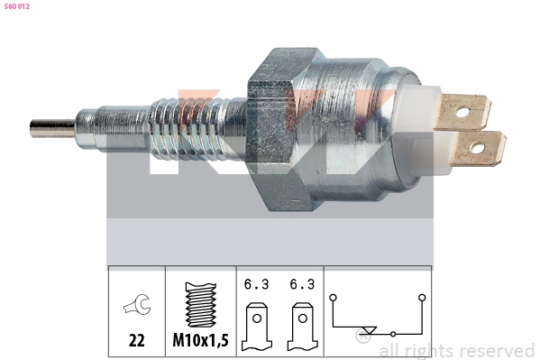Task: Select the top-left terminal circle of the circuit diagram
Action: pos(333,295)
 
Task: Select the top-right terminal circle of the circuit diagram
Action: pos(421,295)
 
